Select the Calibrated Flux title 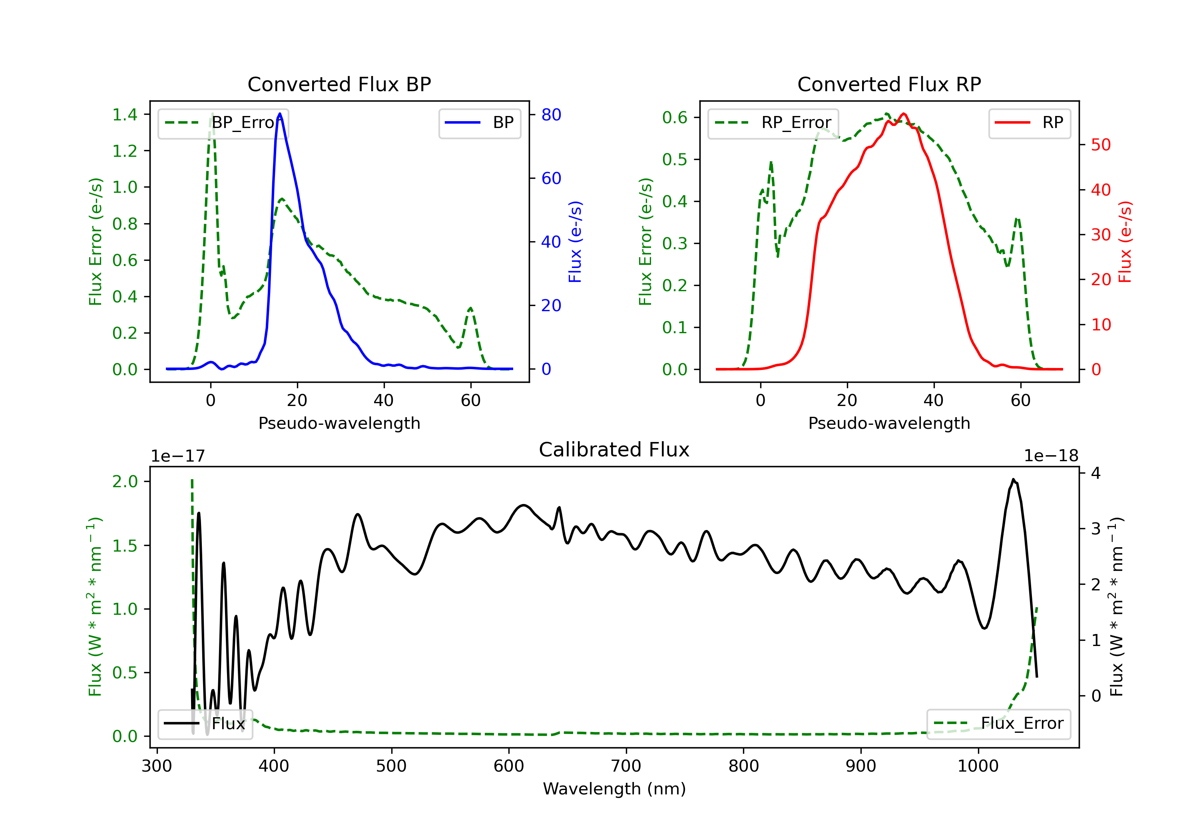pos(614,450)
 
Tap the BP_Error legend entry pos(223,123)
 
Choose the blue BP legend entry pos(479,123)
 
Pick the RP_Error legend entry pos(773,123)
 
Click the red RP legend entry pos(1029,123)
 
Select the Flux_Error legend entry pos(998,724)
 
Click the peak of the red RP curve pos(903,114)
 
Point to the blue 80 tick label pos(552,114)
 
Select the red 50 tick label pos(1101,145)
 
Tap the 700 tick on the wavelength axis pos(626,766)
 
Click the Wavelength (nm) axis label pos(614,789)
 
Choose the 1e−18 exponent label pos(1051,456)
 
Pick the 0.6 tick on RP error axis pos(675,118)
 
